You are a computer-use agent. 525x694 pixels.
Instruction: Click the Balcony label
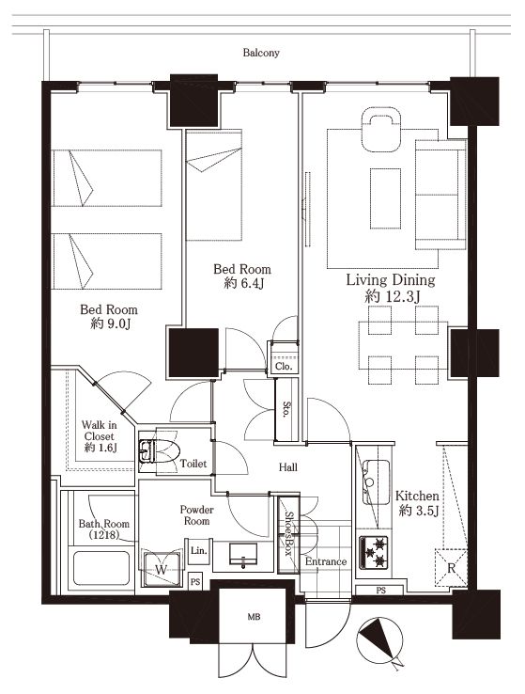point(261,53)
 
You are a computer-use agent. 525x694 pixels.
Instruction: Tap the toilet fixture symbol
point(159,451)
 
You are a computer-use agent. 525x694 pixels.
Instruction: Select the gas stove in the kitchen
point(374,552)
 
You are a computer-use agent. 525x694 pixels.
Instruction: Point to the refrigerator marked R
point(451,568)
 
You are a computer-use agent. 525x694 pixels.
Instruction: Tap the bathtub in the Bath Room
point(101,567)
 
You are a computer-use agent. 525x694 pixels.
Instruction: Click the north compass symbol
point(381,641)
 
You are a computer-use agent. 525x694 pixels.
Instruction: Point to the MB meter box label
point(255,617)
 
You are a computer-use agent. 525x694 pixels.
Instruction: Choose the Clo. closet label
point(284,367)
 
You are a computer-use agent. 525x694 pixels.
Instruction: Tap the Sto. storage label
point(286,409)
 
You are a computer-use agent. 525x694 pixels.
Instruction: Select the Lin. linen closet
point(199,551)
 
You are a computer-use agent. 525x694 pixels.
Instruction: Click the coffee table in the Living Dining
point(385,198)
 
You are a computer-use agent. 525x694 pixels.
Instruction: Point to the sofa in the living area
point(440,195)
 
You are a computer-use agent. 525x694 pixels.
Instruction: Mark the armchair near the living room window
point(381,130)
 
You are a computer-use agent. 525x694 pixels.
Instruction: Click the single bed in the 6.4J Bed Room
point(214,185)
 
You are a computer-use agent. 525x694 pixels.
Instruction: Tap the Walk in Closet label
point(100,436)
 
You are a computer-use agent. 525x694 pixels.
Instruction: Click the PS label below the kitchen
point(381,590)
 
